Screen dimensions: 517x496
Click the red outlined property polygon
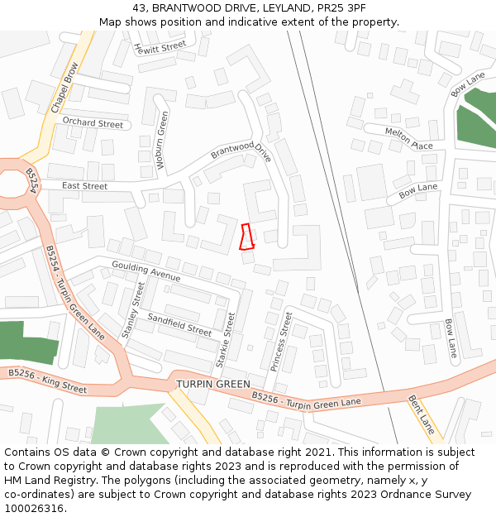246,237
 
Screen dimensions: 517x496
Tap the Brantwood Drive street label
241,151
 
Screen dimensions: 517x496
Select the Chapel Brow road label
64,88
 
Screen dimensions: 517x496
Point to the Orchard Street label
93,123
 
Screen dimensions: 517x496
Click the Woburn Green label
162,141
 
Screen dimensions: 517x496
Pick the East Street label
84,186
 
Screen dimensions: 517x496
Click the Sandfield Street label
179,323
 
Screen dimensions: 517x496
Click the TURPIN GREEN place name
212,385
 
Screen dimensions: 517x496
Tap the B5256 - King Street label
47,381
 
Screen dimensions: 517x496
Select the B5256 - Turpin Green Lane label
306,402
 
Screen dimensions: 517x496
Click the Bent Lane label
421,414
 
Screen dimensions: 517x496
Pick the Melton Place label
408,138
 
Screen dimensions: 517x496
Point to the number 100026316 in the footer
33,508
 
